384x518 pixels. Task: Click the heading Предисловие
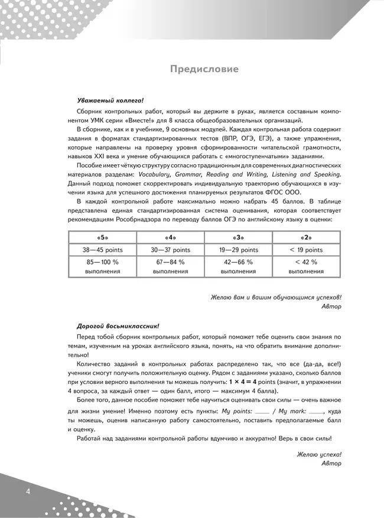click(204, 69)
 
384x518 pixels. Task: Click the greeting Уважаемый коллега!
click(110, 100)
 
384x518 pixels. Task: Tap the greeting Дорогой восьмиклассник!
click(118, 325)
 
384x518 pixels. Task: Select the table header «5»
click(103, 237)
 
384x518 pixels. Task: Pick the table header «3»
click(238, 237)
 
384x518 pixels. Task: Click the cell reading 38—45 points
click(103, 250)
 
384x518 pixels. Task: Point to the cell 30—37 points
click(170, 250)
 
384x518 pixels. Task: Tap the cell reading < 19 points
click(306, 250)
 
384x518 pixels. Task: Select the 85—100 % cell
click(103, 262)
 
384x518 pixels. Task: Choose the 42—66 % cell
click(238, 262)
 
